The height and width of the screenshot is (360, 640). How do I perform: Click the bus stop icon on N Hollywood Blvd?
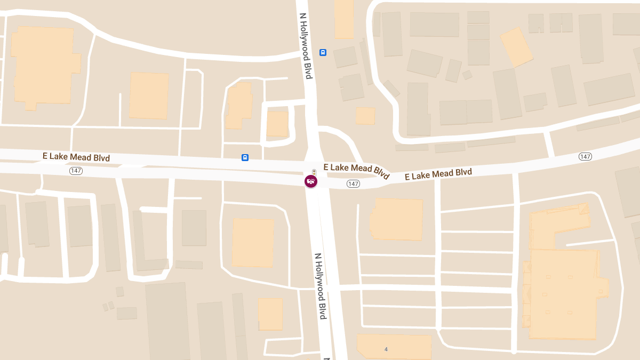pos(323,52)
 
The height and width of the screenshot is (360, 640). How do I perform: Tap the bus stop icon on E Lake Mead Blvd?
pos(245,157)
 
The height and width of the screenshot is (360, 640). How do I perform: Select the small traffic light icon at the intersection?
pos(314,172)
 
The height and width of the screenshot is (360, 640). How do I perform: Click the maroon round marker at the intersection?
pos(311,181)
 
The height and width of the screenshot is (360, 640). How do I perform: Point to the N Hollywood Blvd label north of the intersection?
pos(305,46)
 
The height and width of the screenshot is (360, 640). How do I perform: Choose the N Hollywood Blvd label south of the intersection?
pos(320,286)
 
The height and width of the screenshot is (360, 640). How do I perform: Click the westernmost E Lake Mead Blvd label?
pos(76,157)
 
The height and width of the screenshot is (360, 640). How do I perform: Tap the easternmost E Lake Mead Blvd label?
pos(438,174)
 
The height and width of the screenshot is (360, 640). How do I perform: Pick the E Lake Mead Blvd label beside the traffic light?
pos(356,170)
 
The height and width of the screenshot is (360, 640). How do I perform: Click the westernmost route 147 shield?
pos(76,171)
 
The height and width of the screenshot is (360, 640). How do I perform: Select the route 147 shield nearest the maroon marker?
pos(353,183)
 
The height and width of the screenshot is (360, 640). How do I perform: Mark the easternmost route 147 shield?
pos(585,156)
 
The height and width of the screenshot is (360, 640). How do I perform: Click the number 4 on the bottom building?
pos(386,349)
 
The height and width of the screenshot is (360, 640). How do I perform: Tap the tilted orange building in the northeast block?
pos(516,47)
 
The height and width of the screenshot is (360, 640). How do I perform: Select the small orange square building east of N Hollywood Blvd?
pos(365,116)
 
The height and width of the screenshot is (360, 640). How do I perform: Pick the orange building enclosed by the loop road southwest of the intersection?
pos(253,242)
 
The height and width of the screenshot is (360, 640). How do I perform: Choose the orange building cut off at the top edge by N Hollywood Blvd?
pos(344,19)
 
